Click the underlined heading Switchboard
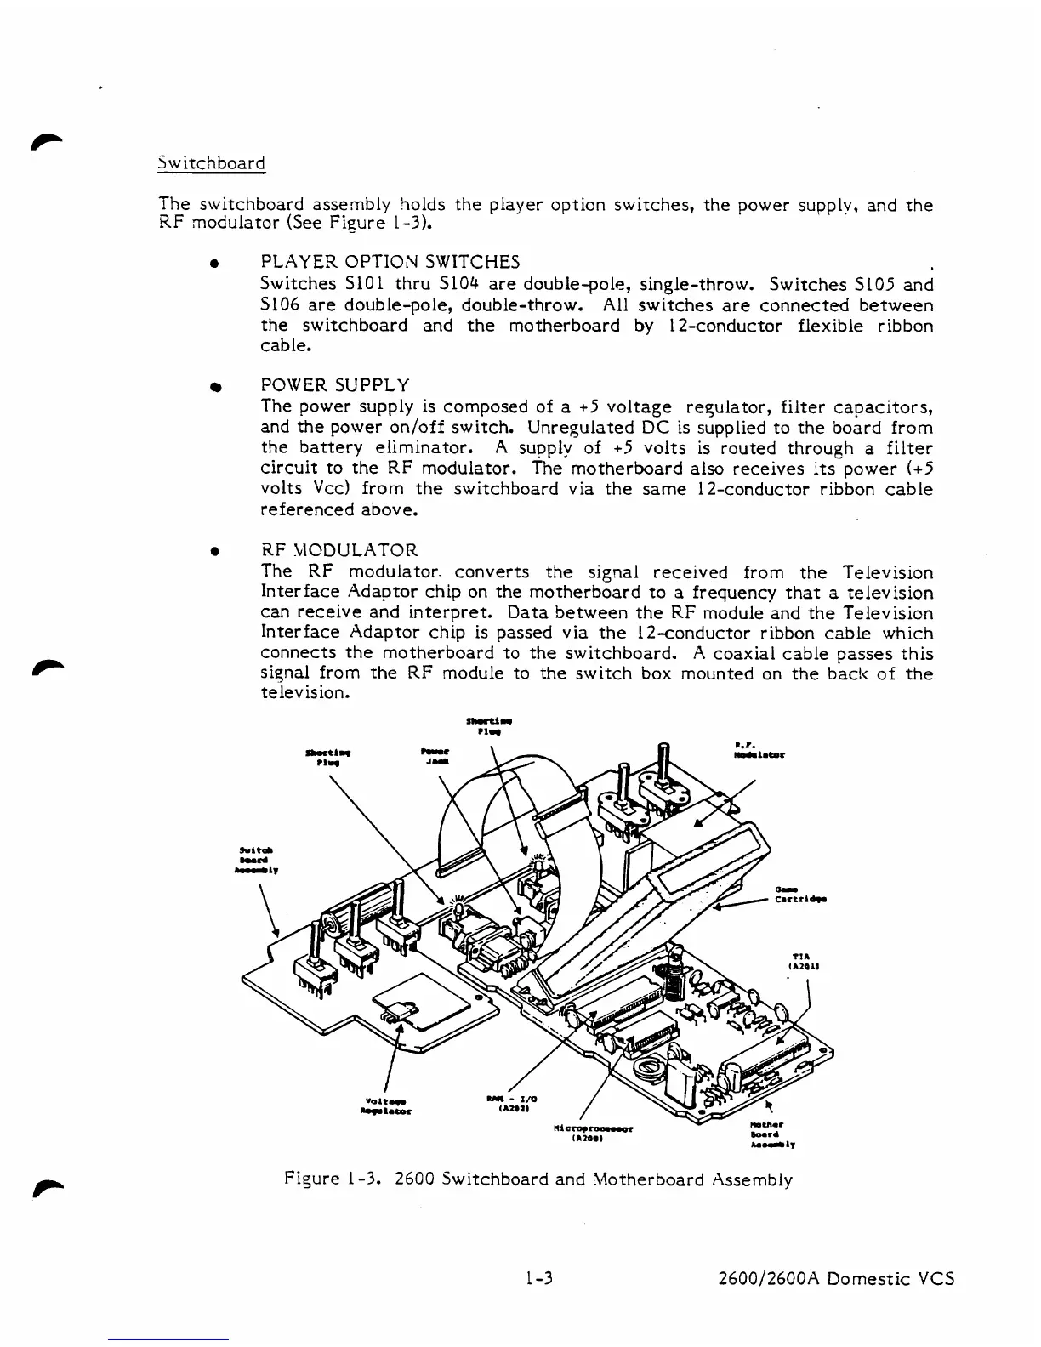pos(211,162)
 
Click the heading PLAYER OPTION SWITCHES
pos(390,262)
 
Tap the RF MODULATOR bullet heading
pos(339,551)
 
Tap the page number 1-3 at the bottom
pos(539,1278)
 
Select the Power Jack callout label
pos(436,756)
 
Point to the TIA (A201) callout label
pos(802,960)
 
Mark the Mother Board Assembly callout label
pos(771,1134)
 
